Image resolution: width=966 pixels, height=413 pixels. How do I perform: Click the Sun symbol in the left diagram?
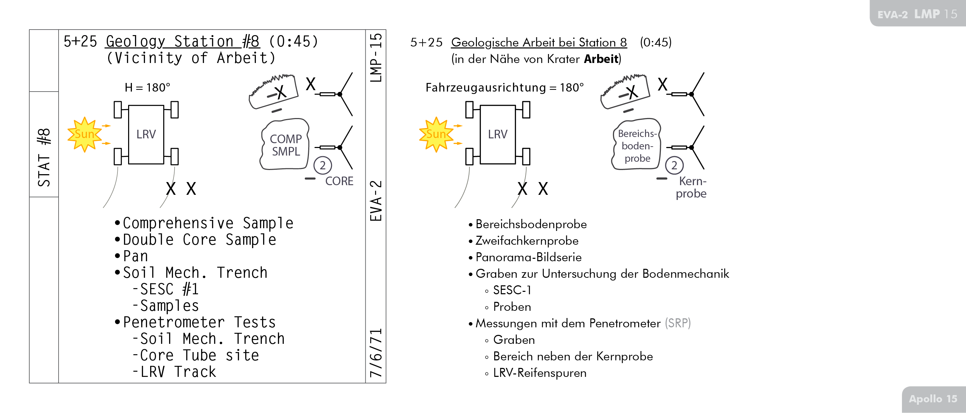(x=84, y=134)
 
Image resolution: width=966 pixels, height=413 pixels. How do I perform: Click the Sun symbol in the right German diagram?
(x=436, y=134)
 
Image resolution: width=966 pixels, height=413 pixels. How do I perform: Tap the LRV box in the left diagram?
(x=146, y=134)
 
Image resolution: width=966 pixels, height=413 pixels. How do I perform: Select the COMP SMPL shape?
(x=285, y=145)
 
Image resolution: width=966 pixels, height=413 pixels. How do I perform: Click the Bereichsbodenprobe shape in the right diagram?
(x=637, y=146)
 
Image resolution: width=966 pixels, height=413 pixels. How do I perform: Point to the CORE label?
(x=339, y=181)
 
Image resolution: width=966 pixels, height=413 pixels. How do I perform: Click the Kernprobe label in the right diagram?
(x=692, y=187)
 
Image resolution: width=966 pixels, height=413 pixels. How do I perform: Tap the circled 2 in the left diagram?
(x=322, y=165)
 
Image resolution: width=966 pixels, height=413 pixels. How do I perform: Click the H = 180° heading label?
(x=147, y=88)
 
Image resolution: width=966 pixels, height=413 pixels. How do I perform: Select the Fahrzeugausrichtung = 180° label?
(x=505, y=88)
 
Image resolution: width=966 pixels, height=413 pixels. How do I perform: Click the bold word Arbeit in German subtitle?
(x=601, y=59)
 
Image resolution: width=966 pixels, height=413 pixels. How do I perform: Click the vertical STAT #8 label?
(x=44, y=157)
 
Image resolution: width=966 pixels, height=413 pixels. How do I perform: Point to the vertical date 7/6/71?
(x=376, y=353)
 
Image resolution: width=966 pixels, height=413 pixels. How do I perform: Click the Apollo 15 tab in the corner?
(x=933, y=399)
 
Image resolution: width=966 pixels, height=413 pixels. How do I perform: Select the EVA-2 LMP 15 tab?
(x=917, y=14)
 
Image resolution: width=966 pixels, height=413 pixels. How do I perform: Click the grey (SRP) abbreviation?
(x=678, y=323)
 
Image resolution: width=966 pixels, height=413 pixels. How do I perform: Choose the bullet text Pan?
(x=135, y=256)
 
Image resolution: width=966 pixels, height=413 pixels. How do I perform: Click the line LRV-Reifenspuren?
(x=540, y=373)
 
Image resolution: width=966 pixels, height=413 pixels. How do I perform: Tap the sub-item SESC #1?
(x=169, y=289)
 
